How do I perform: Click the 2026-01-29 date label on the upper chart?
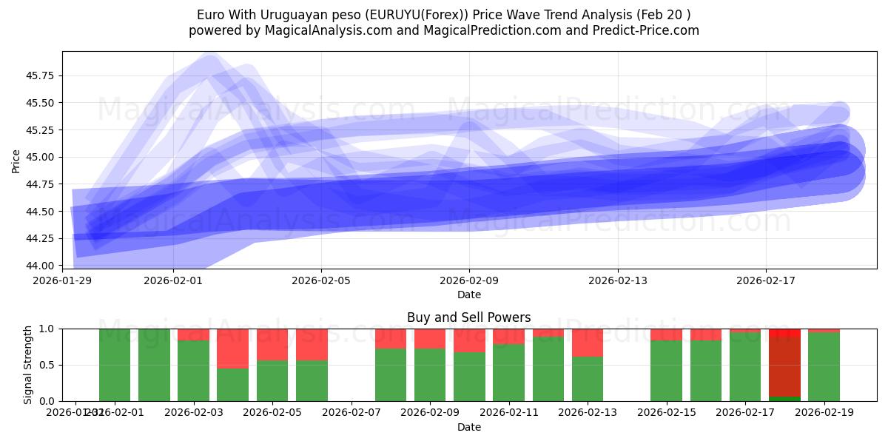(x=62, y=280)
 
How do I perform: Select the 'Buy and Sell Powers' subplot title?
(x=469, y=317)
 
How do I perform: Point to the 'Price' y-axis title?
(x=17, y=160)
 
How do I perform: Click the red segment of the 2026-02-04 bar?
(x=232, y=348)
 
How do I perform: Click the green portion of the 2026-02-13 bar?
(x=588, y=379)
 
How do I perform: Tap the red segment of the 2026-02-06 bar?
(x=312, y=344)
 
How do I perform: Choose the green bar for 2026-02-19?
(x=824, y=367)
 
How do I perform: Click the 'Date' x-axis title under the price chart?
(x=469, y=295)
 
